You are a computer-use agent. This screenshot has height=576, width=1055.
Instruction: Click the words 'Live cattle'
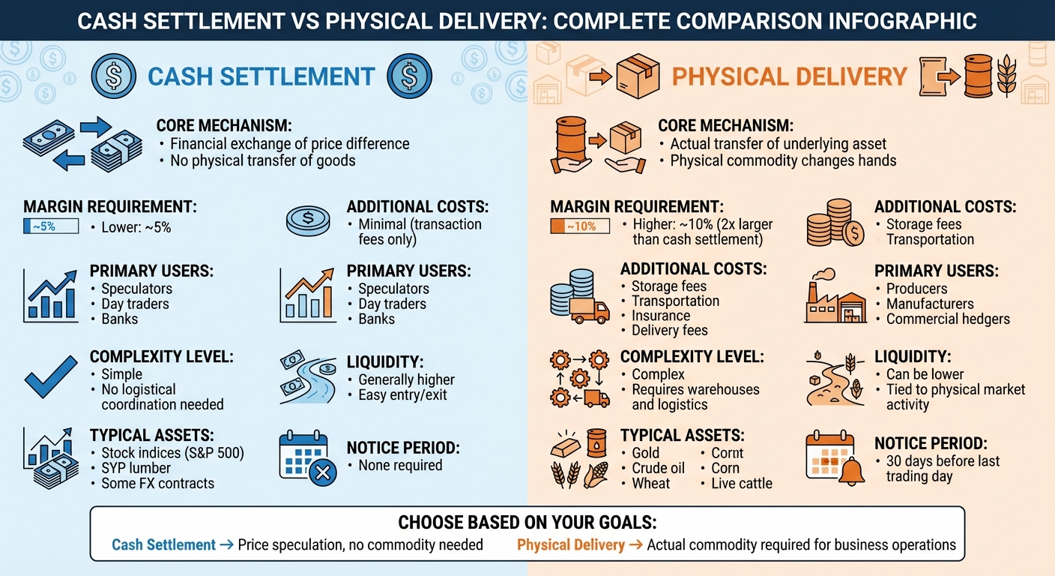(x=741, y=483)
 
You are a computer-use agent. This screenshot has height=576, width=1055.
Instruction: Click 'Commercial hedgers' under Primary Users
(x=948, y=319)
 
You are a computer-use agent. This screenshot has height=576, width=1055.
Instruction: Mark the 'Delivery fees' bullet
(x=670, y=330)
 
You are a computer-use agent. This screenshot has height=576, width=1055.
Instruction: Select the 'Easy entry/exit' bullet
(x=402, y=394)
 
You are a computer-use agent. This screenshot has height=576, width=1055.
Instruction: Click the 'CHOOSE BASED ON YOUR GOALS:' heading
(x=527, y=523)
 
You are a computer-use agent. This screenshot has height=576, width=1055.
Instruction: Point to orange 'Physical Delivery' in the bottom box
(x=571, y=545)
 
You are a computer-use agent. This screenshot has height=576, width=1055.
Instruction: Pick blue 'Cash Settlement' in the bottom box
(x=163, y=545)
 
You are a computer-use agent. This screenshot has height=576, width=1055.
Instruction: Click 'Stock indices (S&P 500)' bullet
(x=172, y=453)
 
